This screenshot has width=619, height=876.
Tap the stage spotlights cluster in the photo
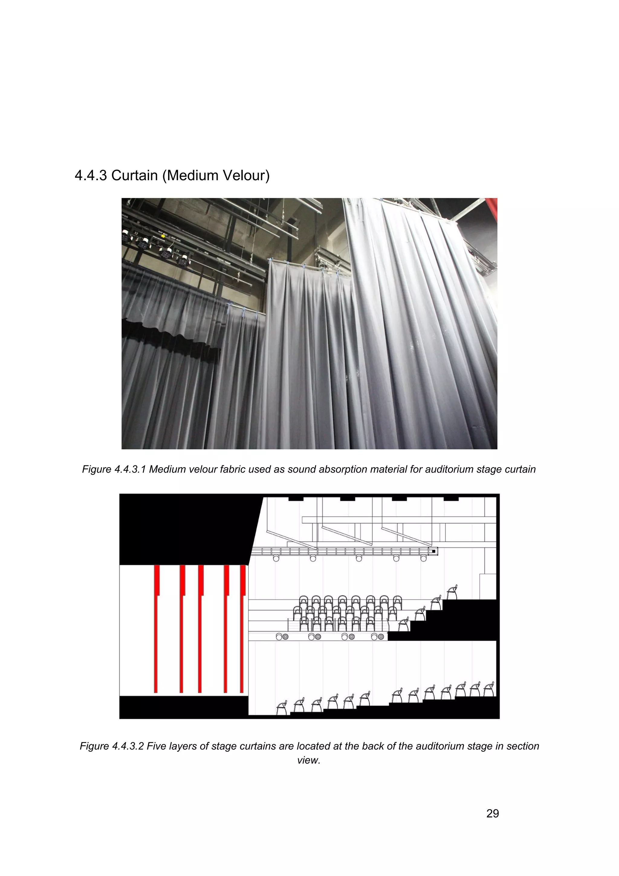(x=156, y=246)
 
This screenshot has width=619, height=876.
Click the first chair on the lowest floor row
(x=283, y=708)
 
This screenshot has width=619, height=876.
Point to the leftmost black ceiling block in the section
(x=296, y=498)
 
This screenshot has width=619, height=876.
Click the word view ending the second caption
(x=308, y=760)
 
